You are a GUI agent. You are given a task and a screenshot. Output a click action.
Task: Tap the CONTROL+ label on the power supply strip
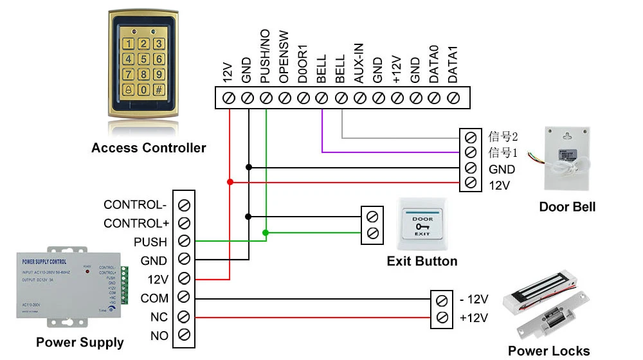click(x=135, y=224)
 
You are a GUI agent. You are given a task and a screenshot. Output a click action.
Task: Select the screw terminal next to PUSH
click(x=184, y=242)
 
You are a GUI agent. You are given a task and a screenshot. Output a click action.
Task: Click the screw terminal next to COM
click(x=184, y=298)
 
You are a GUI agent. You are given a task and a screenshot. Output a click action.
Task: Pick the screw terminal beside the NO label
click(x=184, y=335)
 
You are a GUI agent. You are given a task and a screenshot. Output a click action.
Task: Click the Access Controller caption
click(x=149, y=148)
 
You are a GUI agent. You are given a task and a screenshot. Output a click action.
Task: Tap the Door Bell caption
click(x=567, y=206)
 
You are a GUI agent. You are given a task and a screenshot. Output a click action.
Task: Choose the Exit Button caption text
click(x=422, y=261)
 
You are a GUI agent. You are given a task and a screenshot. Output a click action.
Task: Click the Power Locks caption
click(x=548, y=350)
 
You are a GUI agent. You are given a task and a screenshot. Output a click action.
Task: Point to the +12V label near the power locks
click(x=474, y=318)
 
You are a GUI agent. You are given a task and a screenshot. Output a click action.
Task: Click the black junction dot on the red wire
click(x=230, y=183)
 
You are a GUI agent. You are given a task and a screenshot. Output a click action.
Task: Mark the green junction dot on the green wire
click(x=266, y=231)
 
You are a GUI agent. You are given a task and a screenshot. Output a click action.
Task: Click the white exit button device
click(x=422, y=226)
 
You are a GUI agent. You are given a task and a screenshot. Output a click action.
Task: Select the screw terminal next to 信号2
click(x=470, y=137)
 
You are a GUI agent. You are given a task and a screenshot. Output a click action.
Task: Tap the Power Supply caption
click(x=80, y=342)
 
